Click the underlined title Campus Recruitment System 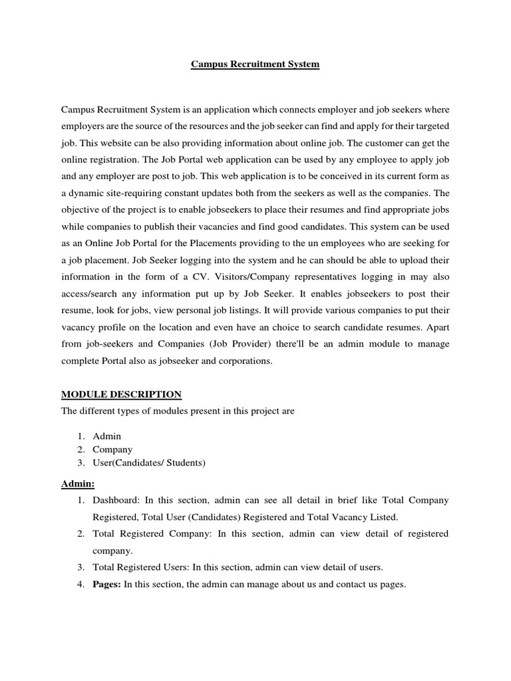255,65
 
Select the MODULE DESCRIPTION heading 121,394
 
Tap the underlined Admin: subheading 78,483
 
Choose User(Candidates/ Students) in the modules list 148,463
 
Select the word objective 81,209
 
